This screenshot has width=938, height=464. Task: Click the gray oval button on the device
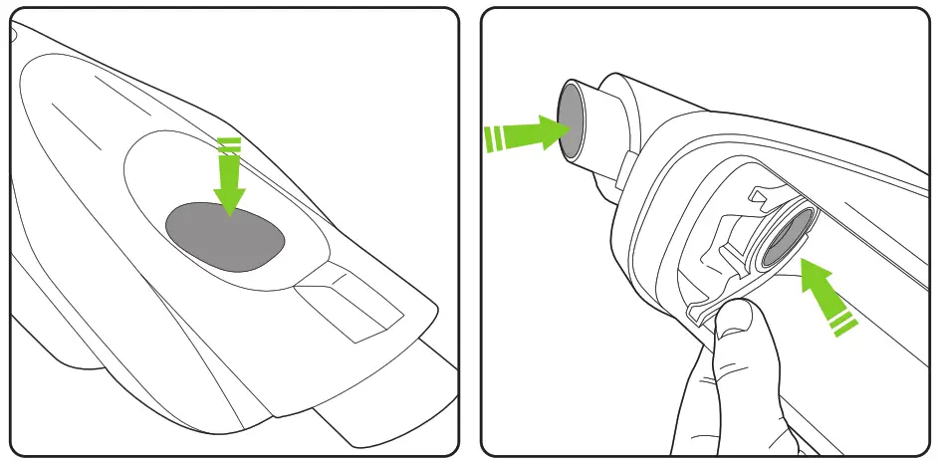click(x=225, y=237)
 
